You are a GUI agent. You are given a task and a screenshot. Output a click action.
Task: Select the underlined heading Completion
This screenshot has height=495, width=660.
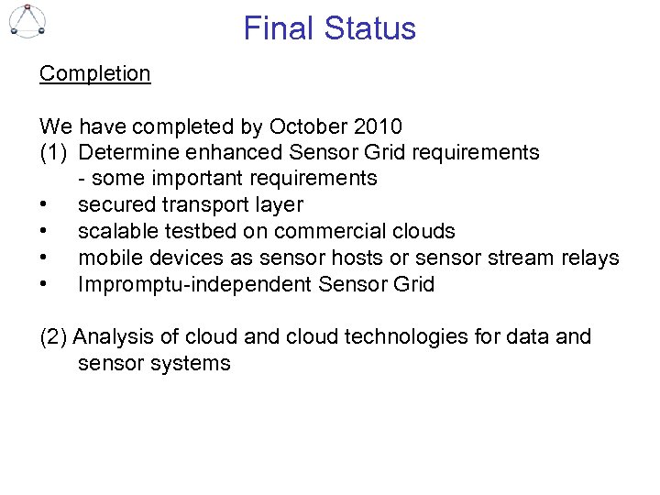[x=94, y=73]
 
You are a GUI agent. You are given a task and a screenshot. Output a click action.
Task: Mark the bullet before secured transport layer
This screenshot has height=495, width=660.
[x=44, y=205]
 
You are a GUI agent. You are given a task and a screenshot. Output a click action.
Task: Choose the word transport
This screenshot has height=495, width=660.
[x=200, y=205]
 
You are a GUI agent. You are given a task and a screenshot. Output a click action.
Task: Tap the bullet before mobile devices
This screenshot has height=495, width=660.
[x=44, y=258]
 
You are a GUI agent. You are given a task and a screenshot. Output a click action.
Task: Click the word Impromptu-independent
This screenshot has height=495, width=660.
[x=194, y=284]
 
